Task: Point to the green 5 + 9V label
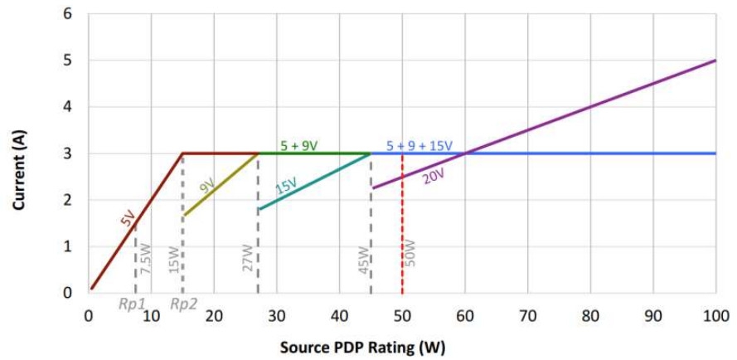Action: click(x=298, y=146)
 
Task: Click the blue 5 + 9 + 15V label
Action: click(x=419, y=146)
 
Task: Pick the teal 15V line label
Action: click(x=286, y=185)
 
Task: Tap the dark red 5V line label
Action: click(x=127, y=219)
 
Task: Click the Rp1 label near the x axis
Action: click(x=133, y=304)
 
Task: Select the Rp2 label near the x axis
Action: click(x=184, y=304)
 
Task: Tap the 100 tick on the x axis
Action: click(x=715, y=316)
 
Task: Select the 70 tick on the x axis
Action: click(x=527, y=316)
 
